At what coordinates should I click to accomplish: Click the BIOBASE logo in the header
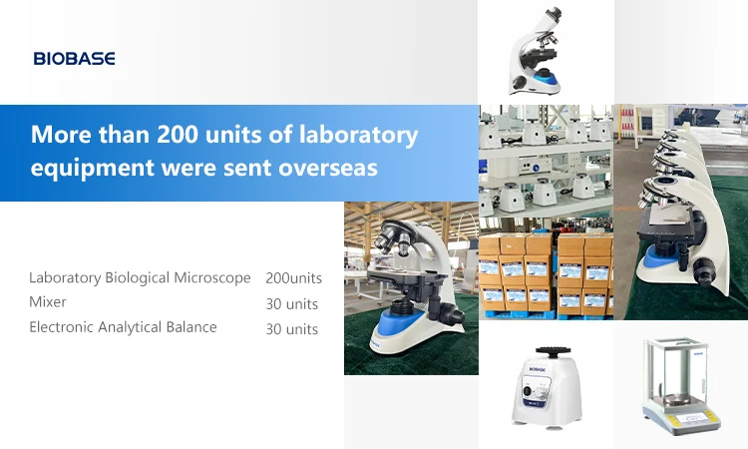pos(74,59)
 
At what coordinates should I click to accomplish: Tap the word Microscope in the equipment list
pos(211,277)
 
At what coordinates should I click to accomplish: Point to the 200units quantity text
pos(293,278)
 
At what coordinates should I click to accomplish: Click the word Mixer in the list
pos(48,301)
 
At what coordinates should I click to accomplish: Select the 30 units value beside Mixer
pos(292,304)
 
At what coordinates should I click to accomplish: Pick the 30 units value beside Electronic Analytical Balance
pos(292,329)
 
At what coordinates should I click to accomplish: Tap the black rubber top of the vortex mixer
pos(546,350)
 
